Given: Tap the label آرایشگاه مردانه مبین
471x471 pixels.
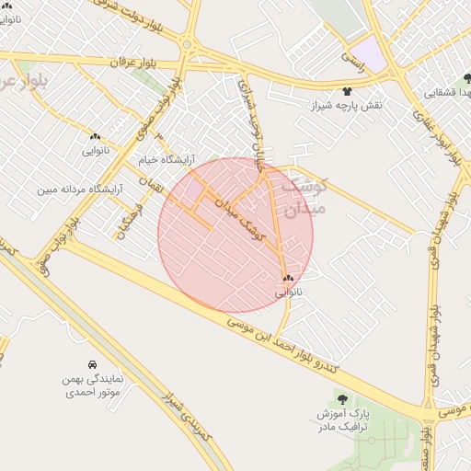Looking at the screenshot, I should click(x=80, y=190).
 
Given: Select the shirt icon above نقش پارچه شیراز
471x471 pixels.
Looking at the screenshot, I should click(x=347, y=91).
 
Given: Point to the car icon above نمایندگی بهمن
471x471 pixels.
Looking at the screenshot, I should click(x=91, y=364).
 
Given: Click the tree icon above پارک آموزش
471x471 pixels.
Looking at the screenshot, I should click(x=342, y=399).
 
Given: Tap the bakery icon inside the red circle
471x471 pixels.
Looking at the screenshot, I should click(x=288, y=278).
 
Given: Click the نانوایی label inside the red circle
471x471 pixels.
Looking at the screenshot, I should click(x=288, y=292).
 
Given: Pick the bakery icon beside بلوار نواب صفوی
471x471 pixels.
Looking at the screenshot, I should click(x=95, y=135).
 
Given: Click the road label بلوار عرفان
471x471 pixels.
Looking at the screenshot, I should click(x=129, y=62).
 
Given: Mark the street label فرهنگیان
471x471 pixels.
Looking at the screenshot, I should click(x=129, y=221).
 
